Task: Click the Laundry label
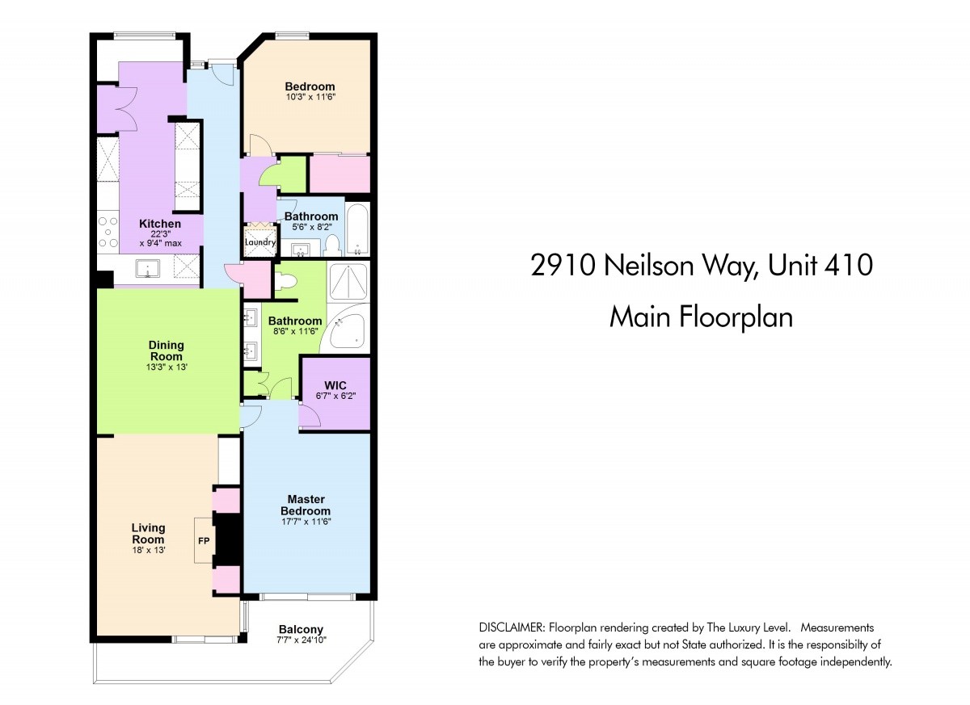click(x=259, y=242)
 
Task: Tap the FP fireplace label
click(x=204, y=540)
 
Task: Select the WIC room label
click(x=335, y=385)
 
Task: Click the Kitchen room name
click(x=160, y=224)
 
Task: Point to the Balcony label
click(x=301, y=630)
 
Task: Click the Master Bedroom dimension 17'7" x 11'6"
click(x=306, y=522)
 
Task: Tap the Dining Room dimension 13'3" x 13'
click(x=167, y=367)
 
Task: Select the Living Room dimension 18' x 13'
click(x=149, y=551)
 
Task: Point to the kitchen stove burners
click(x=108, y=232)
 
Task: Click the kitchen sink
click(x=147, y=268)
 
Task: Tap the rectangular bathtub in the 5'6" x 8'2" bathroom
click(x=357, y=229)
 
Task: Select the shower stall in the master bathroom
click(x=348, y=281)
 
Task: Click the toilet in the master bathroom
click(x=286, y=281)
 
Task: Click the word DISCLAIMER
click(x=511, y=627)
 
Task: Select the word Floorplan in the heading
click(x=736, y=317)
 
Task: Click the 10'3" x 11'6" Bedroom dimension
click(x=310, y=97)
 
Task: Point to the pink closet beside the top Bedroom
click(x=340, y=174)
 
